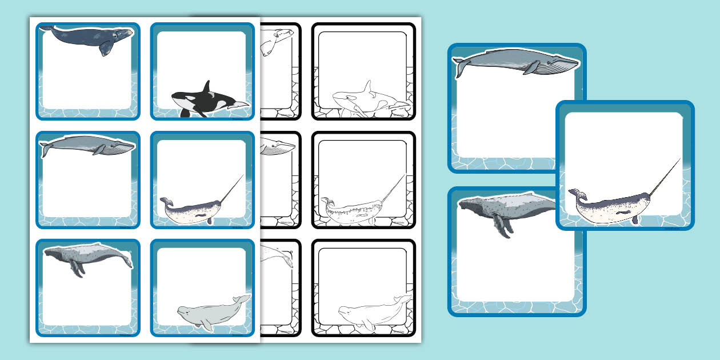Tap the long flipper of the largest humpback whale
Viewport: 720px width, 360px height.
coord(501,227)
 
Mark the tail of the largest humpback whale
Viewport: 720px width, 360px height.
coord(466,202)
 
